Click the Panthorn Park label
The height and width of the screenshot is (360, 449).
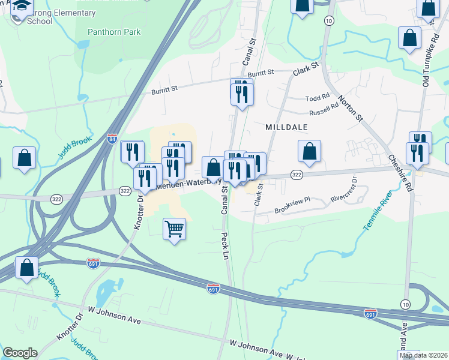pos(108,31)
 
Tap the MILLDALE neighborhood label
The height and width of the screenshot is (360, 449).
pos(286,128)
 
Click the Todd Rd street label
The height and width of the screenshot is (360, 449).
pos(318,97)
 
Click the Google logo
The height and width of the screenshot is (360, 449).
pos(20,353)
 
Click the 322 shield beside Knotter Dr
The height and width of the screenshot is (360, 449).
pos(124,191)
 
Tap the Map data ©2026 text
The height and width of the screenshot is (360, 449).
pos(423,355)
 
